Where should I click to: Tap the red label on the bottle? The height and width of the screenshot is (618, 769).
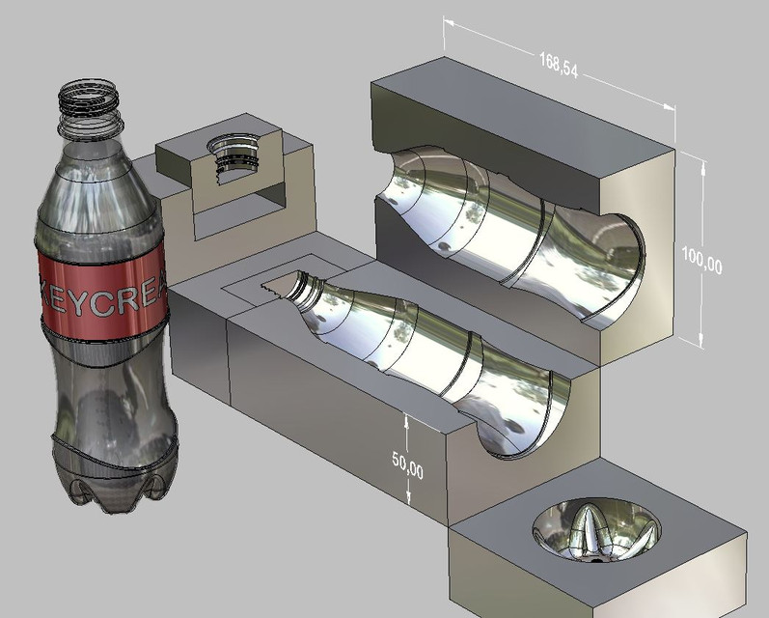point(101,290)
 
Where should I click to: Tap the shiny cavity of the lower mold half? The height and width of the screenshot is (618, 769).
point(434,357)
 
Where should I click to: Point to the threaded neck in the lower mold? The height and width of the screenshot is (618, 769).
point(294,286)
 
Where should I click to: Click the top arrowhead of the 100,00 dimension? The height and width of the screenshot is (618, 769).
point(702,165)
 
